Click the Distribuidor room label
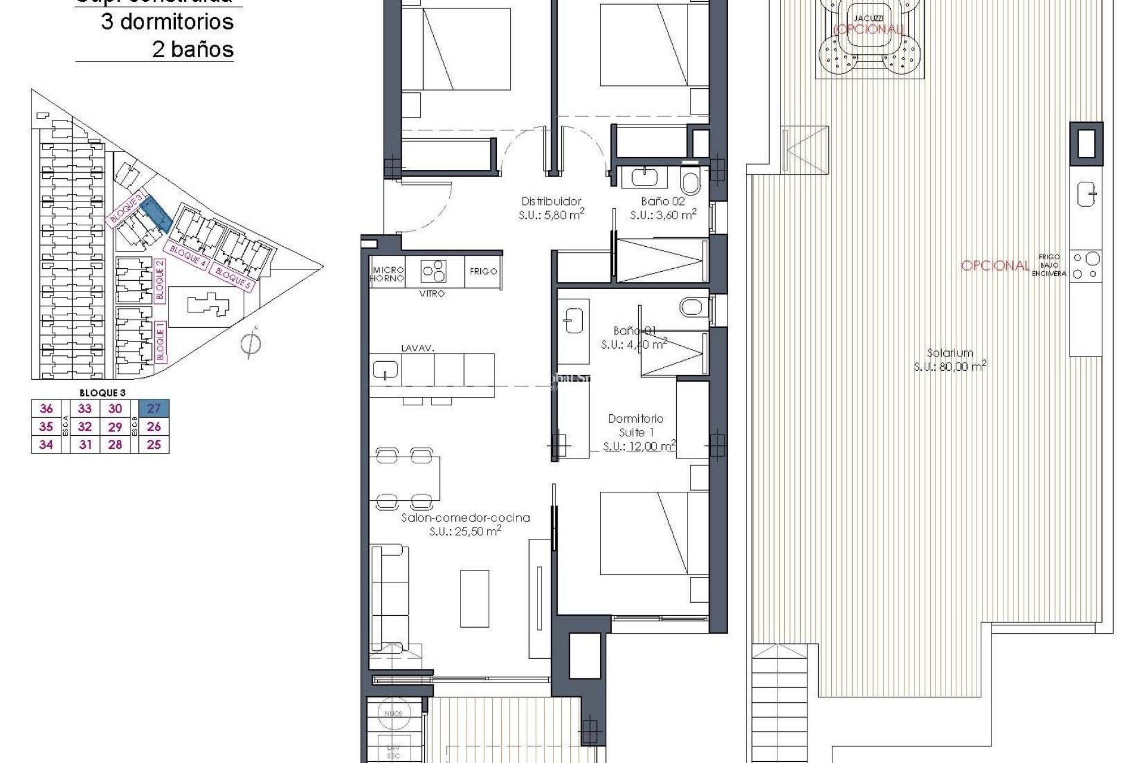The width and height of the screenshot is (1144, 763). [x=551, y=201]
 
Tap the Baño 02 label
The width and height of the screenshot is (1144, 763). [x=663, y=201]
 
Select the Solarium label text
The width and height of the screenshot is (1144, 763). [x=950, y=353]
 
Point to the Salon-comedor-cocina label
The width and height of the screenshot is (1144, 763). [x=465, y=518]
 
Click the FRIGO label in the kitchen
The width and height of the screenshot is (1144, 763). [x=483, y=271]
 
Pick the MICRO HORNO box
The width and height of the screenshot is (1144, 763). [x=387, y=274]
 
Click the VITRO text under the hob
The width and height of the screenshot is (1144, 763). [x=431, y=294]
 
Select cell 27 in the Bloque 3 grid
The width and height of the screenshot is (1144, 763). [x=154, y=408]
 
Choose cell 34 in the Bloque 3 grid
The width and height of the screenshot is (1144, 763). [x=46, y=445]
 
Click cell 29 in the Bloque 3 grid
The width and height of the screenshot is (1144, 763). [x=115, y=427]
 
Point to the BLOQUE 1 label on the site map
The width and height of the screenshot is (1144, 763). [x=160, y=341]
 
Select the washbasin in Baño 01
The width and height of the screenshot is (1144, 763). [x=573, y=320]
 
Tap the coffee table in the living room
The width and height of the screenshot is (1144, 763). [x=474, y=598]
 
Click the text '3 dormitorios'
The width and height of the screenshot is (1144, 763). [x=167, y=22]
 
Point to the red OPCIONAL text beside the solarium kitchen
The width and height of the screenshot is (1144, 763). [x=995, y=266]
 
